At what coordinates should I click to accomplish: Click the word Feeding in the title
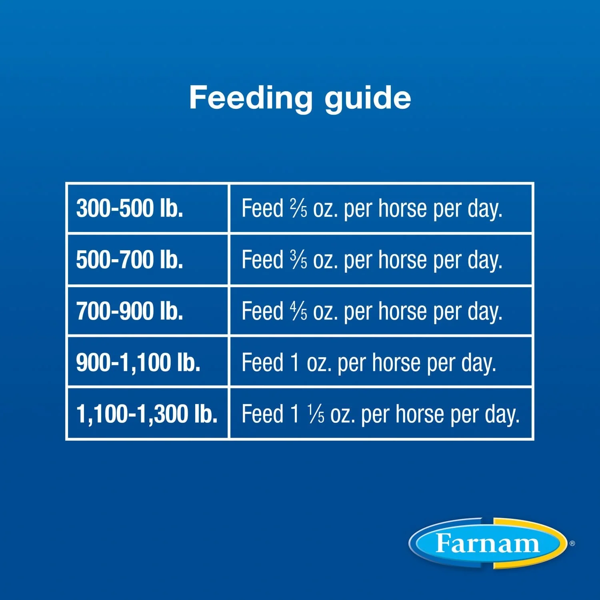point(250,98)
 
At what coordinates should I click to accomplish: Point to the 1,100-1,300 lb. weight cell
point(147,414)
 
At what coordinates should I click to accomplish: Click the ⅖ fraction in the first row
point(298,208)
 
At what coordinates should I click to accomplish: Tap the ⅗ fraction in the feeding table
point(298,260)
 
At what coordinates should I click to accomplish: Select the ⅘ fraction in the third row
point(298,311)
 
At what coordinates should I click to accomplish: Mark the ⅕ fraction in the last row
point(316,414)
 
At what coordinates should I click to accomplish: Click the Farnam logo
point(488,543)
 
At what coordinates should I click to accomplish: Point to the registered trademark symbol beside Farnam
point(572,543)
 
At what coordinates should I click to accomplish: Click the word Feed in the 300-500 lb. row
point(262,208)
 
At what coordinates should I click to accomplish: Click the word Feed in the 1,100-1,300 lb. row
point(262,414)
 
